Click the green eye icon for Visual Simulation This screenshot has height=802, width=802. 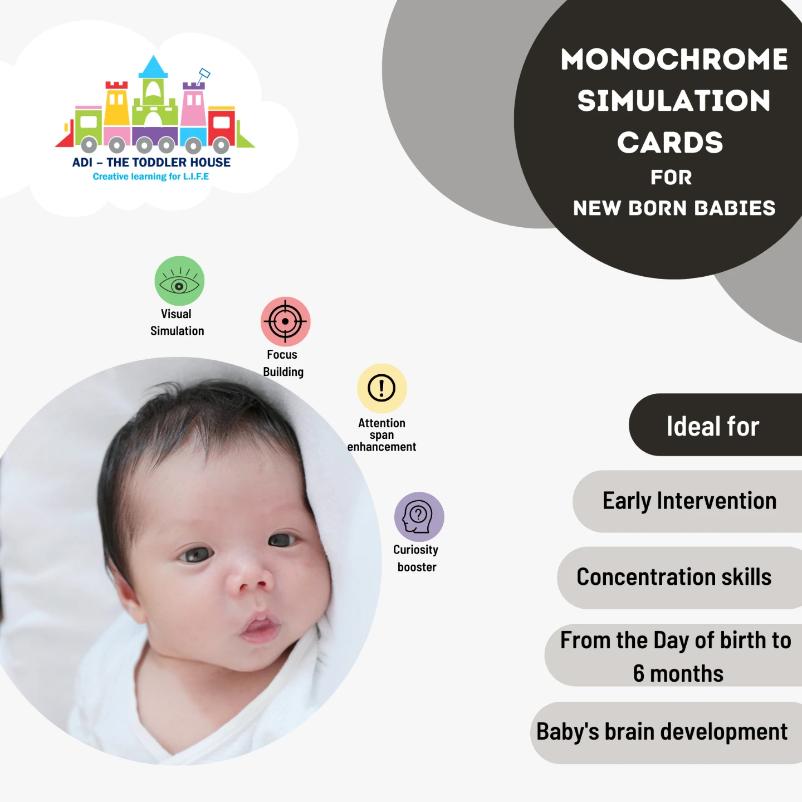point(179,281)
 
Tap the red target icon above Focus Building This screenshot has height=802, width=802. point(286,321)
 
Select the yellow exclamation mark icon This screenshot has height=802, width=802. point(382,388)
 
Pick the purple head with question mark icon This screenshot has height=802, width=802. point(419,517)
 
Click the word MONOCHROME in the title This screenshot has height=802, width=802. point(674,59)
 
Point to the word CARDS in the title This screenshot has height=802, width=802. point(670,143)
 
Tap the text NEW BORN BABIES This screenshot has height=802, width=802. point(674,208)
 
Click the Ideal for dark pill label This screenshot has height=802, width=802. point(715,425)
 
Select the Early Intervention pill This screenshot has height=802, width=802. point(687,501)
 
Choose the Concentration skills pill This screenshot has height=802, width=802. point(679,578)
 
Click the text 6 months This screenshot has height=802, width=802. point(678,673)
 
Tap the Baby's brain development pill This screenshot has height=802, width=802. point(666,733)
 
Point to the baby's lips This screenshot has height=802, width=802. point(259,627)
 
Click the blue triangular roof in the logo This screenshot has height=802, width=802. point(153,67)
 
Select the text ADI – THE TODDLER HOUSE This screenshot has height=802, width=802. point(151,162)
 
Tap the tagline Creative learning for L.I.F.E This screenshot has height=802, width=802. point(151,177)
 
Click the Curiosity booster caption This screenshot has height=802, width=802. point(416,558)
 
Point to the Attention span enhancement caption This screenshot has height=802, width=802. point(382,435)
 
